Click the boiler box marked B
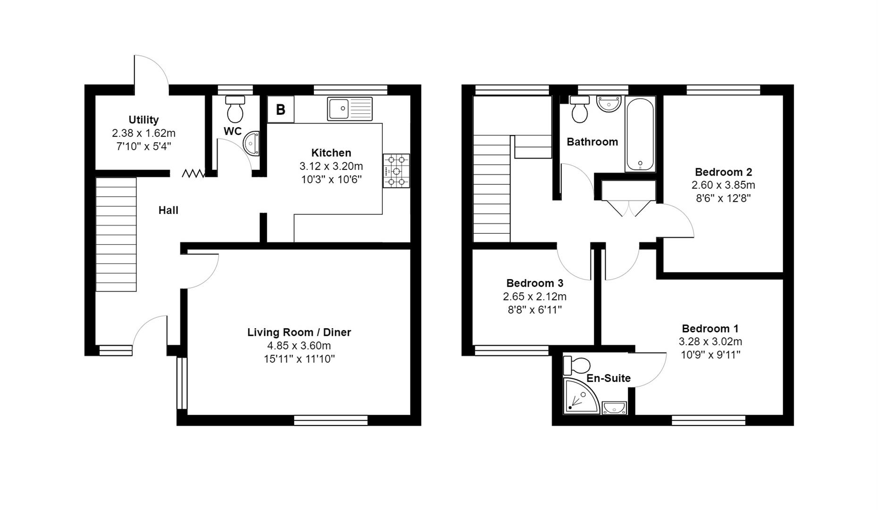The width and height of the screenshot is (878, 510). [x=280, y=110]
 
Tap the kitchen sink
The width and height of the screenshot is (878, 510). [x=350, y=109]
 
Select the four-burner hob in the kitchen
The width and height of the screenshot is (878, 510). [x=397, y=170]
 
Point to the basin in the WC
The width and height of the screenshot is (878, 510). [x=252, y=143]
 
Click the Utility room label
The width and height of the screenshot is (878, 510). [x=144, y=120]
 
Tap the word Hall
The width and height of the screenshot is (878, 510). [x=168, y=210]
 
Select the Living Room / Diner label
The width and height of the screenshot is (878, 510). [x=299, y=332]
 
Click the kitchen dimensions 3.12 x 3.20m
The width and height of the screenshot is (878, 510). [x=331, y=166]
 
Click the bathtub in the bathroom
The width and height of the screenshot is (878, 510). [x=640, y=134]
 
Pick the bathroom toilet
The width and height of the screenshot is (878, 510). [x=580, y=109]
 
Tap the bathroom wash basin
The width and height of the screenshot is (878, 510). [x=609, y=104]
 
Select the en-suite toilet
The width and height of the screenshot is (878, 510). [x=577, y=365]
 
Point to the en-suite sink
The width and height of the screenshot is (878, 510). [x=614, y=408]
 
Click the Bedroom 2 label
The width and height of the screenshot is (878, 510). [x=723, y=172]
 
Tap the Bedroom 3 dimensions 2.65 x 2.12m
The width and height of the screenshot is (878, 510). [x=535, y=297]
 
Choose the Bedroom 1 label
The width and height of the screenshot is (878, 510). [x=710, y=329]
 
